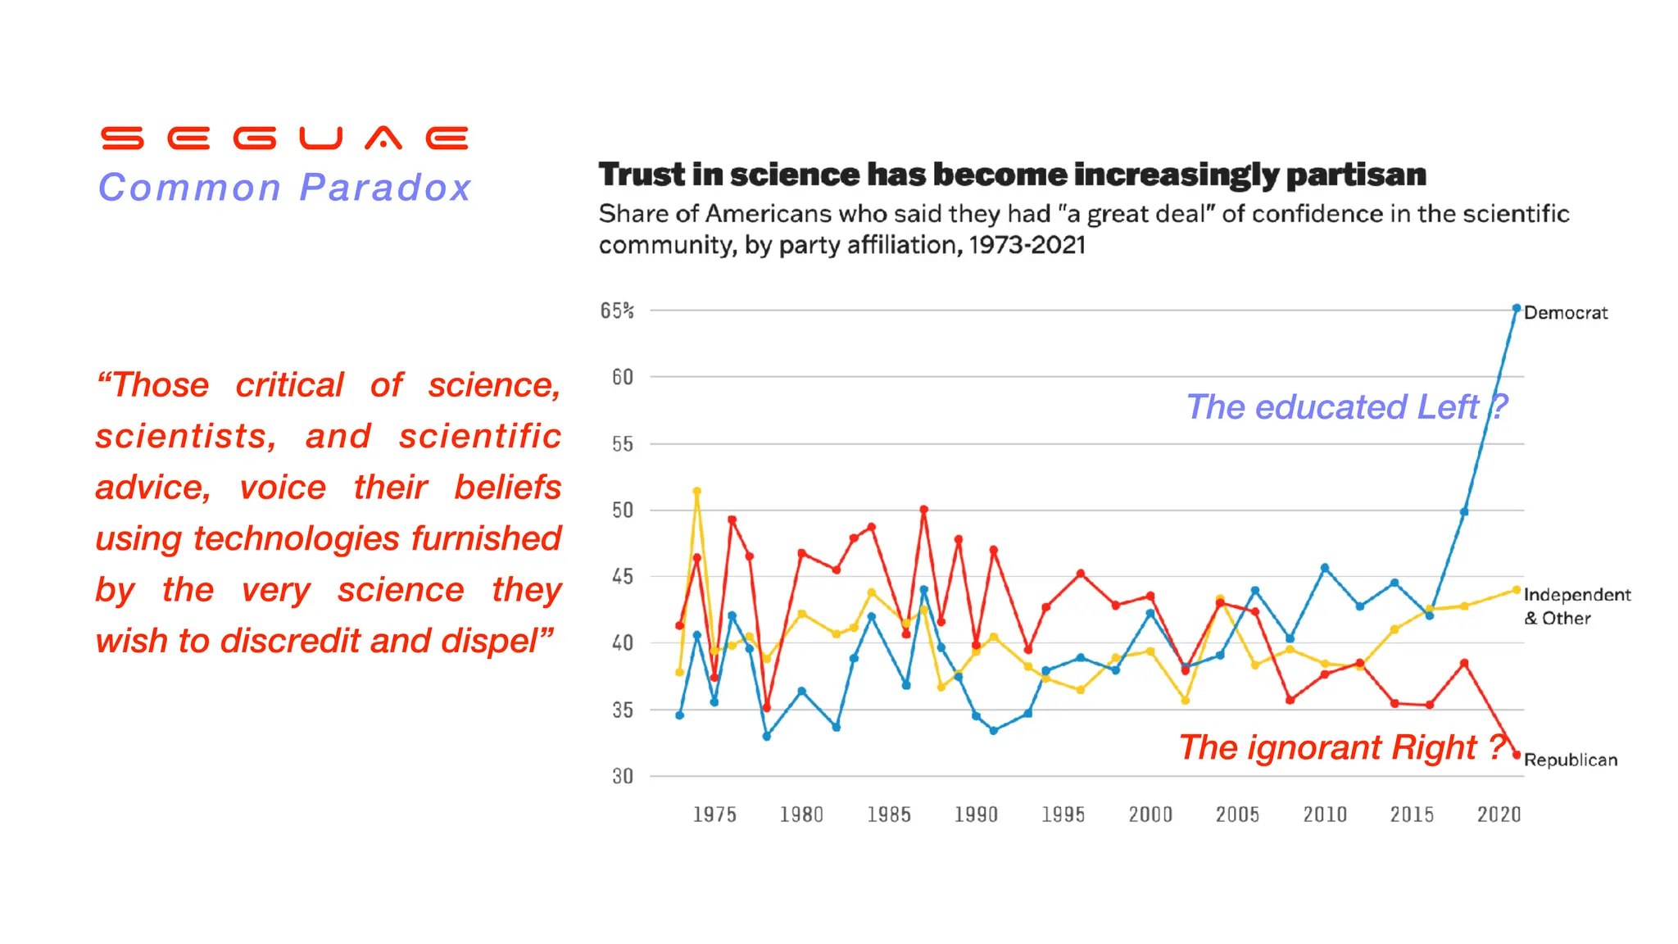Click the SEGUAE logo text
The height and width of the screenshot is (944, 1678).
[x=284, y=138]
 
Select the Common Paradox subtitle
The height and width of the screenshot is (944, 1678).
[x=284, y=188]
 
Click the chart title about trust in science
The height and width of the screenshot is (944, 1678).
[x=1012, y=175]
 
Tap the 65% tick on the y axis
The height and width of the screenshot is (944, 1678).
[x=617, y=311]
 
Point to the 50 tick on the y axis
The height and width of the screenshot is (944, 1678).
[x=622, y=511]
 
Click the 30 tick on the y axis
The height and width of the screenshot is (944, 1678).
[x=622, y=776]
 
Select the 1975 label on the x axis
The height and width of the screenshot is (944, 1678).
[x=714, y=815]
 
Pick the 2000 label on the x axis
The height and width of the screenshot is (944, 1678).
[x=1150, y=815]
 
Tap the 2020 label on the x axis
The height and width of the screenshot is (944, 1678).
[x=1499, y=815]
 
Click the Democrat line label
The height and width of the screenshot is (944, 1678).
[x=1565, y=313]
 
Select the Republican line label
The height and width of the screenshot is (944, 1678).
[x=1570, y=760]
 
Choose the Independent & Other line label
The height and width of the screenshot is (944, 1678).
[x=1576, y=606]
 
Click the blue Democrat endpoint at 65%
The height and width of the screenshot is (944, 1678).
[x=1516, y=309]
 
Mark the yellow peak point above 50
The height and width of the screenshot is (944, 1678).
[x=697, y=492]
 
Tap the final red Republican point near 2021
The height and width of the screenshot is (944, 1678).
[x=1517, y=755]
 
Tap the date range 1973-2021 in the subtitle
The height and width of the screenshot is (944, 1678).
[x=1027, y=245]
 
